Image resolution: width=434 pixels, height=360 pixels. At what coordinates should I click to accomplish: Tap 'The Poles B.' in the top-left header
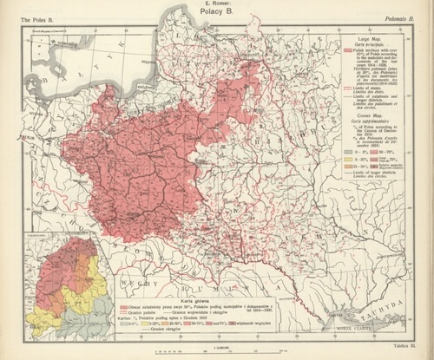pos(27,16)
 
